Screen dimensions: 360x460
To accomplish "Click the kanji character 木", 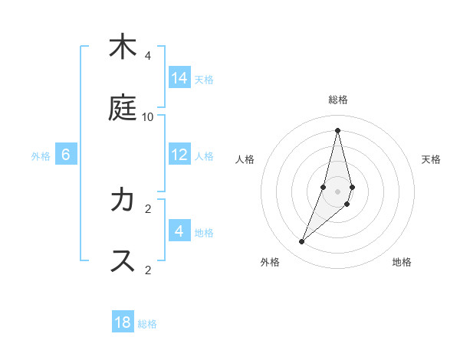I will point(121,47).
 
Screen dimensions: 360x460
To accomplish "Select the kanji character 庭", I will point(121,108).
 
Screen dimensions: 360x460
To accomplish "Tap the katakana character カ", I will point(121,200).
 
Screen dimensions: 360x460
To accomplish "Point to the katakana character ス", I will point(121,261).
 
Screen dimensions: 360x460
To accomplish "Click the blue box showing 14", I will point(179,78).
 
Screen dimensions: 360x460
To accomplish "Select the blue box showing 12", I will point(179,155).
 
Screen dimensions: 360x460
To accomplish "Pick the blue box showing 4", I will point(179,231).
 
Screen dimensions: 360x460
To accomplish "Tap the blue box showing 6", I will point(66,155).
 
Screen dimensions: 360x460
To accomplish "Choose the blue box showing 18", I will point(123,322).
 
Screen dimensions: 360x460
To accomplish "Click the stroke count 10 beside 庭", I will point(148,117).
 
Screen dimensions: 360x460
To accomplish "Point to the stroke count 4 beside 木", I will point(148,56).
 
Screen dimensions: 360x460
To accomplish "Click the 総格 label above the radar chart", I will point(338,100).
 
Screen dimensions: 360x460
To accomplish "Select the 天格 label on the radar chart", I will point(431,159).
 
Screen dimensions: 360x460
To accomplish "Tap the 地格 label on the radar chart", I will point(402,262).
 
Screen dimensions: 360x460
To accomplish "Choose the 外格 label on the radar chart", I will point(270,262).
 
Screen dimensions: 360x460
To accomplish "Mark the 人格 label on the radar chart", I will point(245,159).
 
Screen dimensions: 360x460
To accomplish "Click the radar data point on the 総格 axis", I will point(338,129).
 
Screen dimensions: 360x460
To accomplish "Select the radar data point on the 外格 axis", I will point(302,242).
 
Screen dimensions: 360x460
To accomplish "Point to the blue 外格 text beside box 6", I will point(41,155).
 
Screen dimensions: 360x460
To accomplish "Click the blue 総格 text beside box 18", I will point(147,324).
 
